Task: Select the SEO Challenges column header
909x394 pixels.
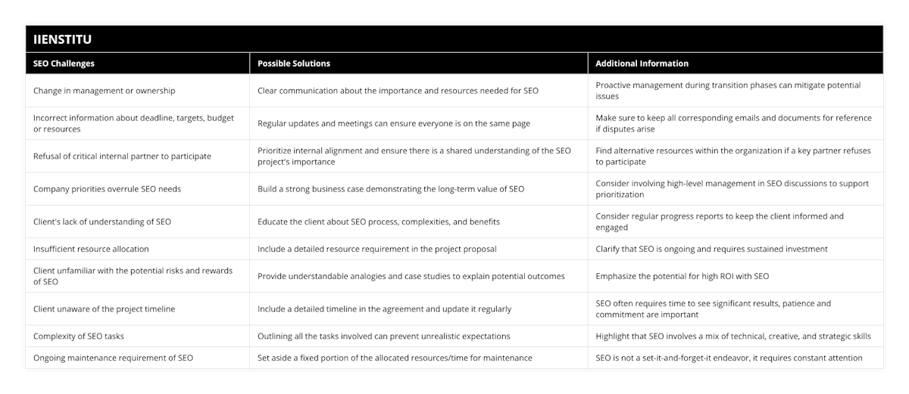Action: coord(64,64)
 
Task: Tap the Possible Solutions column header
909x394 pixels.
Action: coord(294,64)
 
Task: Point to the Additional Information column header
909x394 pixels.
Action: coord(642,64)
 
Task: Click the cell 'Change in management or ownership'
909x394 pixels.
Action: coord(105,91)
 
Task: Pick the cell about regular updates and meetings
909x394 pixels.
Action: coord(394,123)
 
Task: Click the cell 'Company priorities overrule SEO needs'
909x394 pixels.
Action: coord(107,189)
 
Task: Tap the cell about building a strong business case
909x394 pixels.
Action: coord(391,189)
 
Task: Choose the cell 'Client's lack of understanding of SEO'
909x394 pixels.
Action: coord(102,222)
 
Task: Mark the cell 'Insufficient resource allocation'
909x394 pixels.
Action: coord(91,249)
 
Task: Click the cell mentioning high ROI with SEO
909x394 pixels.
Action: coord(682,276)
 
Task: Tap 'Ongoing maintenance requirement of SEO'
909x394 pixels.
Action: coord(113,358)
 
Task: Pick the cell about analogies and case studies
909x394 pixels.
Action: coord(411,276)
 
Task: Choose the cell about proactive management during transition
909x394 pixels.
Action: coord(728,91)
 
